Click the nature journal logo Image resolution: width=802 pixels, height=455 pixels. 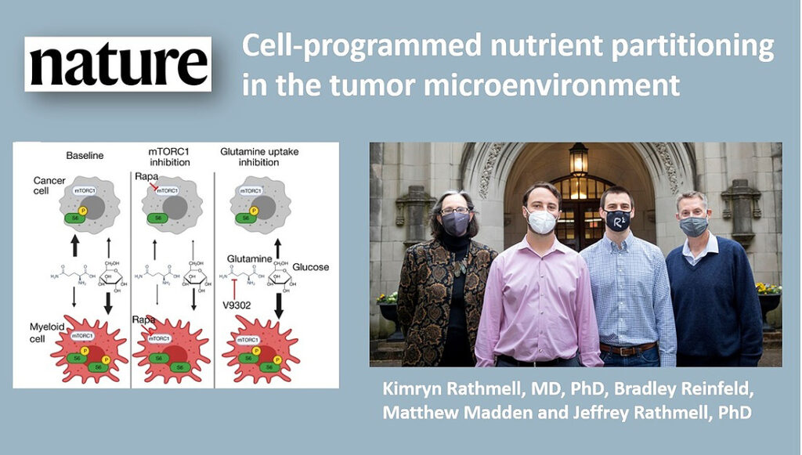pyautogui.click(x=118, y=63)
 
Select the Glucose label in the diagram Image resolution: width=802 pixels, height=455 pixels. pyautogui.click(x=312, y=268)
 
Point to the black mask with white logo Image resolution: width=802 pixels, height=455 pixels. pyautogui.click(x=618, y=220)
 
